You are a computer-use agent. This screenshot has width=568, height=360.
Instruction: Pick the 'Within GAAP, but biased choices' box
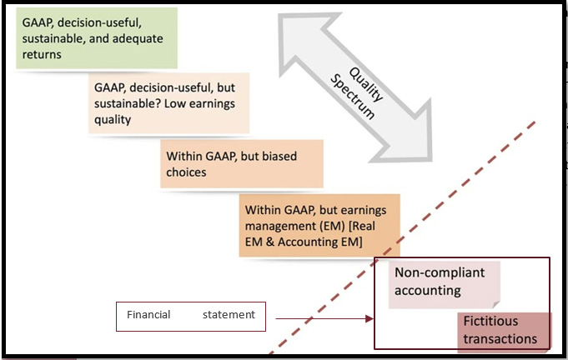pos(241,163)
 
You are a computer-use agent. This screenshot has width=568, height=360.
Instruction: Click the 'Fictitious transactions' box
pos(504,330)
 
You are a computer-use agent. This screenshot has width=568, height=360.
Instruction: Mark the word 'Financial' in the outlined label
pos(148,315)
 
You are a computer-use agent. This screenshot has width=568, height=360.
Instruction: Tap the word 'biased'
pos(276,156)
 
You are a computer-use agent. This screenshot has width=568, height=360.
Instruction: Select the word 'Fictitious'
pos(491,322)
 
